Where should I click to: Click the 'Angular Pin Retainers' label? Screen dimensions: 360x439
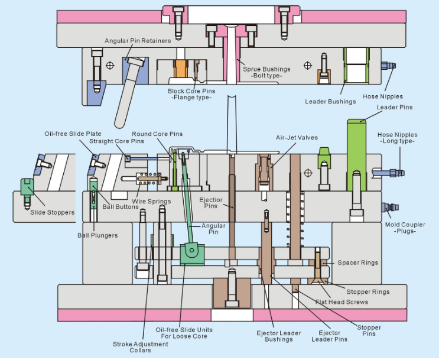coord(138,41)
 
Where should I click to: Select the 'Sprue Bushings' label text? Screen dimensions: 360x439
coord(267,69)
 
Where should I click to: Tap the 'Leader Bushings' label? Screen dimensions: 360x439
coord(330,101)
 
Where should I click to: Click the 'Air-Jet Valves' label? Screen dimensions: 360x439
coord(297,138)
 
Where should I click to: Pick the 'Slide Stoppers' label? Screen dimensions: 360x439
coord(53,212)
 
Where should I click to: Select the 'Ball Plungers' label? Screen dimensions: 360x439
coord(97,235)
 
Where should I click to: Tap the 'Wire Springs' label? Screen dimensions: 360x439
coord(151,202)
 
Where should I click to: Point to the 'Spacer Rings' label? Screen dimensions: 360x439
coord(357,262)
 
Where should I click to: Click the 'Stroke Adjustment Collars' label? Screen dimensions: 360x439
coord(132,347)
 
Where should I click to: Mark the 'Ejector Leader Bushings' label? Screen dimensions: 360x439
coord(278,336)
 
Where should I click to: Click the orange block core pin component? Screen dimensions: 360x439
coord(180,70)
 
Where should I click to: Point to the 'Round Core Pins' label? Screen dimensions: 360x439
coord(157,134)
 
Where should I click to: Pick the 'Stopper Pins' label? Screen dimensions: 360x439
coord(369,330)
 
